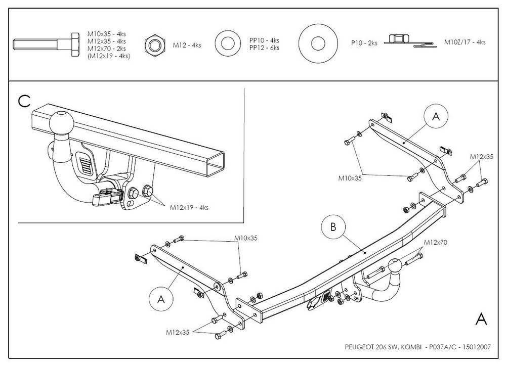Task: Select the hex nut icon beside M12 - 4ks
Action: [154, 44]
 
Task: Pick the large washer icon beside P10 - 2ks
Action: [317, 43]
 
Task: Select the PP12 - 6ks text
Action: [264, 48]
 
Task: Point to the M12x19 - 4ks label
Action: [189, 207]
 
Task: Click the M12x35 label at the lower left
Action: [176, 332]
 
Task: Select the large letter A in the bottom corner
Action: [482, 319]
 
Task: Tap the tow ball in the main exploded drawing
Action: [395, 266]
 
